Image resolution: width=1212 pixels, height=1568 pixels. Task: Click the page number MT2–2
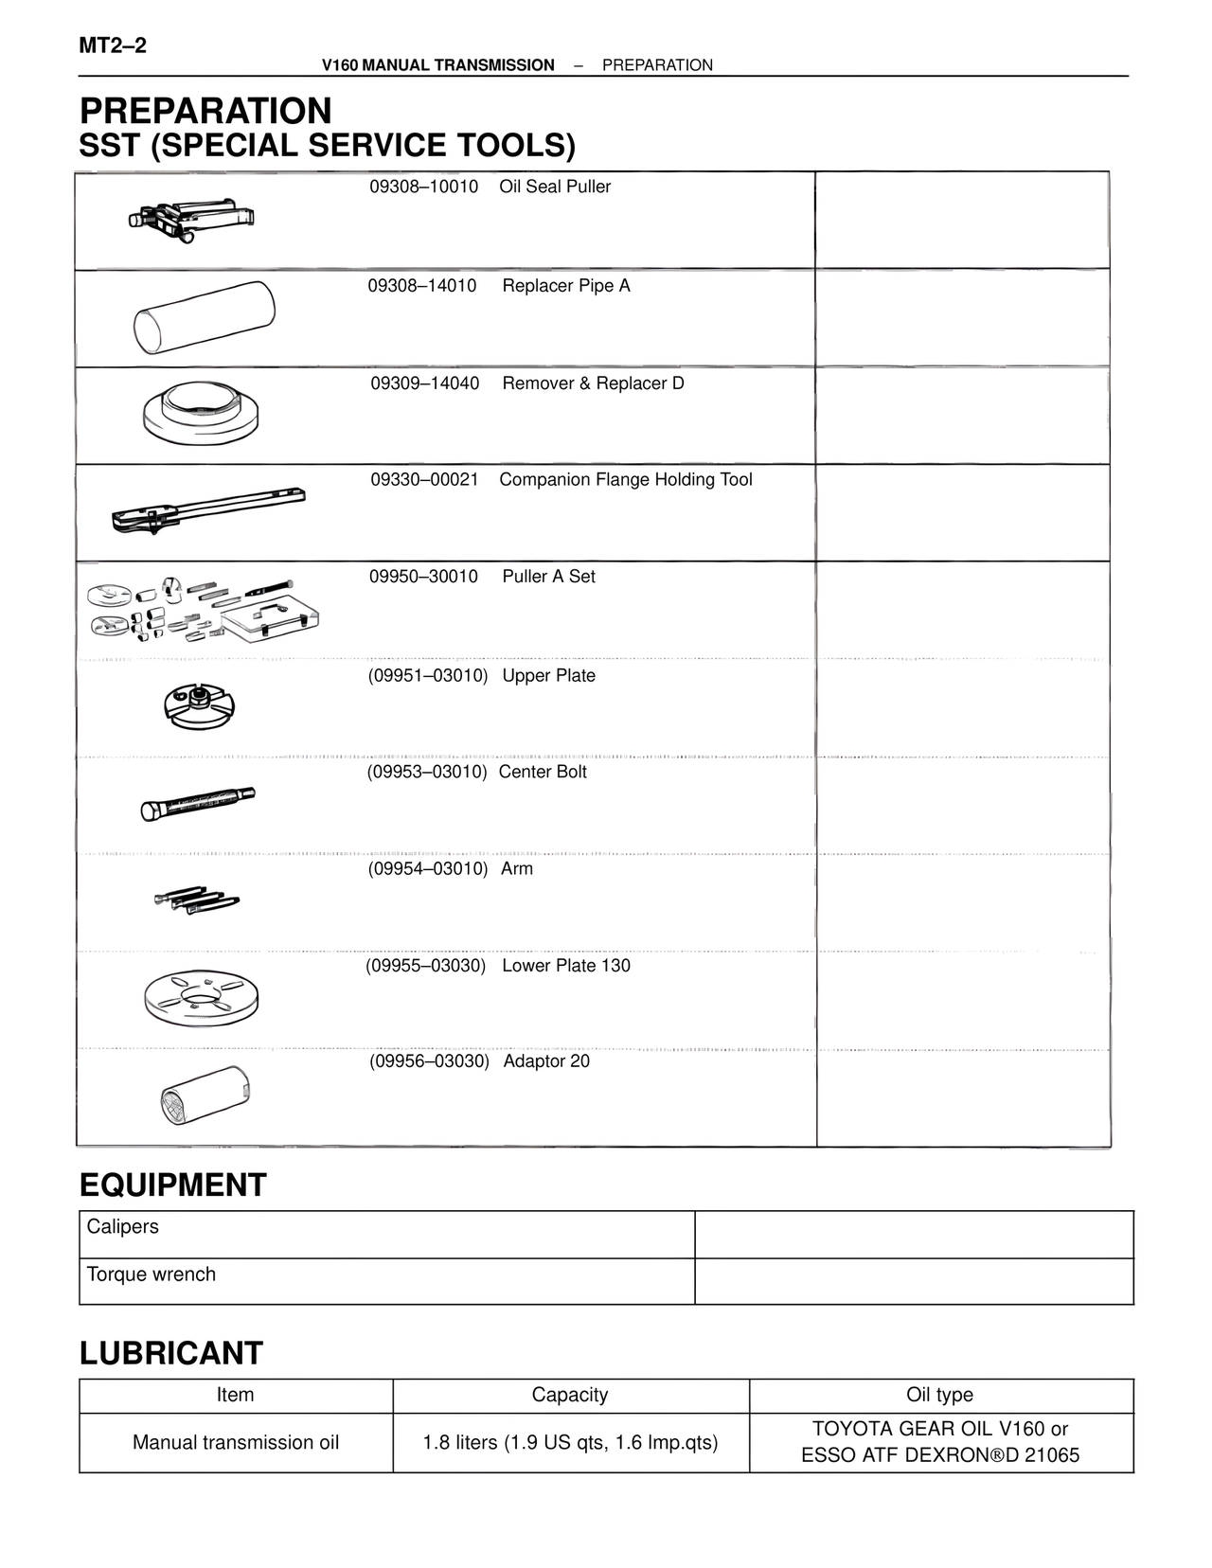(113, 45)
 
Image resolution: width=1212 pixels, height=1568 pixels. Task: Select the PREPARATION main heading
(205, 111)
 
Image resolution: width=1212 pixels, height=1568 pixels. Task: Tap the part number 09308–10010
(423, 187)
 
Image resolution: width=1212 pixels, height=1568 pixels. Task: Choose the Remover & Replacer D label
(593, 383)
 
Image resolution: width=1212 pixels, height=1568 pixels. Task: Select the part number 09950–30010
(423, 577)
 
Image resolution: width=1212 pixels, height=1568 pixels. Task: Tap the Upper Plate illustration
(199, 705)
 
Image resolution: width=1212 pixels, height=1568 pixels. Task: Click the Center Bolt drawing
(198, 804)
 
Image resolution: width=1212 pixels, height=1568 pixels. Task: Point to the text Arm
(517, 868)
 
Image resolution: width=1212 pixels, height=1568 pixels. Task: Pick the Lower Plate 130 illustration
(201, 998)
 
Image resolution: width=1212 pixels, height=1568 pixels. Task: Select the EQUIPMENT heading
(173, 1185)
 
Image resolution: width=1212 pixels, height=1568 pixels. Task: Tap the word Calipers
(123, 1226)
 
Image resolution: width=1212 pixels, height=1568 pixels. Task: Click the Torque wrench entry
(151, 1274)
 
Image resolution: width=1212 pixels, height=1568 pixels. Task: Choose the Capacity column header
(569, 1395)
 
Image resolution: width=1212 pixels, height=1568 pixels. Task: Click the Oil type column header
(939, 1395)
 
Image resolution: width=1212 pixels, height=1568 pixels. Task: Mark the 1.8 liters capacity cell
(570, 1442)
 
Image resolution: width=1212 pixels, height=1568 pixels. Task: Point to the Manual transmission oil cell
(236, 1442)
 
